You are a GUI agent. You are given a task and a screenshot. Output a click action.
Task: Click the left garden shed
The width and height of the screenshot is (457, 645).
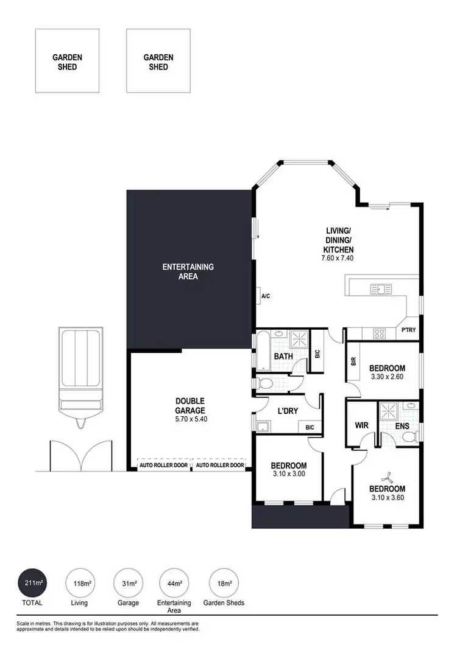tap(67, 61)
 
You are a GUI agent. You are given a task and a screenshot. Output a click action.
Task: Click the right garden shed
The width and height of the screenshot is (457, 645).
tap(158, 61)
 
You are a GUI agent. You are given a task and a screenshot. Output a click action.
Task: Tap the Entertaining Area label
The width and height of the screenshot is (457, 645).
tap(188, 271)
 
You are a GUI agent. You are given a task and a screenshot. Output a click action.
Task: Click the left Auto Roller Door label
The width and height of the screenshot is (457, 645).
tap(163, 465)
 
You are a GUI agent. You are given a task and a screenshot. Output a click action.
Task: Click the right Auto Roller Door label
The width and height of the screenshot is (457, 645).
tap(219, 465)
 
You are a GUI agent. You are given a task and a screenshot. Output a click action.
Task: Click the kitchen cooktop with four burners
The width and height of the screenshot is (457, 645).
tap(380, 333)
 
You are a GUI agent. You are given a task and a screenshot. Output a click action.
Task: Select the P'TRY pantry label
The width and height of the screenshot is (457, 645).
tap(408, 331)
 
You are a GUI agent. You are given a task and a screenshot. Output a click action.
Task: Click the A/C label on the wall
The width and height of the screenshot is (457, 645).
tap(266, 296)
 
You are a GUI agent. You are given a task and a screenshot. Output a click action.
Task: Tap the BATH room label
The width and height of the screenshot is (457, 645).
tap(283, 357)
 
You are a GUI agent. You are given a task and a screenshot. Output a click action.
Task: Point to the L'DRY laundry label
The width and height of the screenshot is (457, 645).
tap(288, 411)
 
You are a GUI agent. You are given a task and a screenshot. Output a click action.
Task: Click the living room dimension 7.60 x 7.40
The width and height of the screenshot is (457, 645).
tap(338, 258)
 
